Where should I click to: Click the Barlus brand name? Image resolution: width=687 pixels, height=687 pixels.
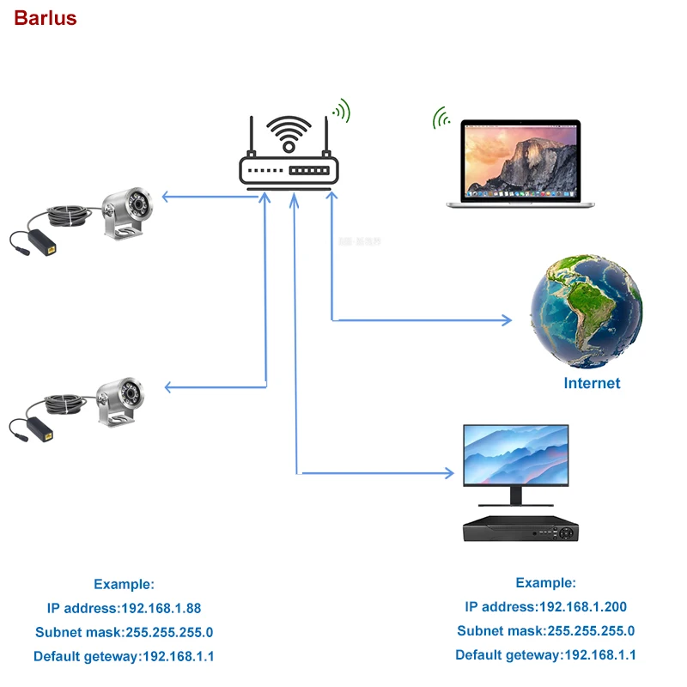click(45, 18)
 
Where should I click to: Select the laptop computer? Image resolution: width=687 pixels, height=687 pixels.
click(513, 163)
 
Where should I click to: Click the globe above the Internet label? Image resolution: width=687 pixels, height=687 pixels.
click(585, 310)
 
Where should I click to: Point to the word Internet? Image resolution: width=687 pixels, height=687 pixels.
click(592, 383)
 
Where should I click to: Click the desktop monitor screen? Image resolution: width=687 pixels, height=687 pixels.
click(515, 454)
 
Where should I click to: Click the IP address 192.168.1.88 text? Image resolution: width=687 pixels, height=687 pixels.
click(124, 608)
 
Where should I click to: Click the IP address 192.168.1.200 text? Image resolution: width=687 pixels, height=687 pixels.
click(545, 606)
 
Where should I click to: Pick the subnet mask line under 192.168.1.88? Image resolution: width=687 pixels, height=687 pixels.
click(124, 632)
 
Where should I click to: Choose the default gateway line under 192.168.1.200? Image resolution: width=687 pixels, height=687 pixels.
click(545, 654)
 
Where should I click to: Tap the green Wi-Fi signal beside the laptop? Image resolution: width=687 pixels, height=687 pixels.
click(441, 118)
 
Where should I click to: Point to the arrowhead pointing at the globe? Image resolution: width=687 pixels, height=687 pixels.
click(507, 320)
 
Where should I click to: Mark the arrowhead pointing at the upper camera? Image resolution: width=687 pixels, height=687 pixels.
click(167, 198)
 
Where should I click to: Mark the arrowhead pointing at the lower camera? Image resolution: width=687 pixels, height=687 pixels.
click(169, 387)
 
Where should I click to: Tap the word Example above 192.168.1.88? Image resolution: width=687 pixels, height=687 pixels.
click(124, 584)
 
